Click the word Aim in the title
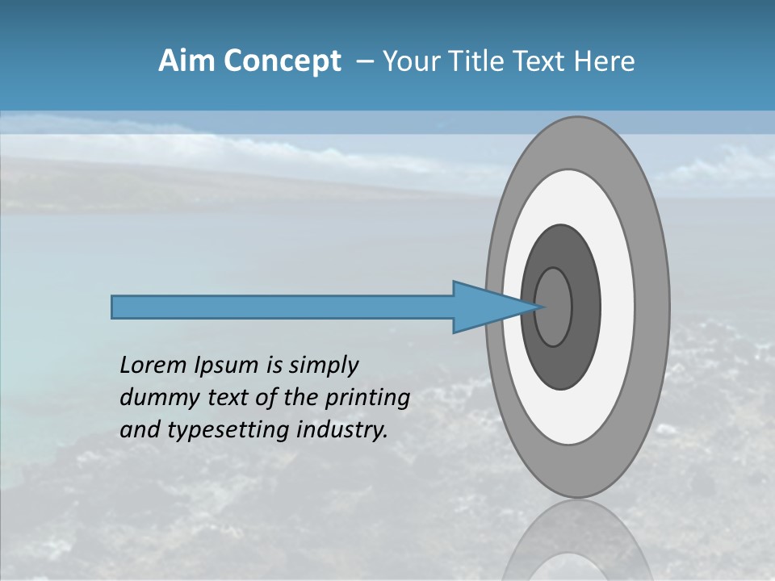tap(185, 61)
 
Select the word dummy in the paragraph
tap(157, 398)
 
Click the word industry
tap(342, 430)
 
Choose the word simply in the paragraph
tap(323, 366)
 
